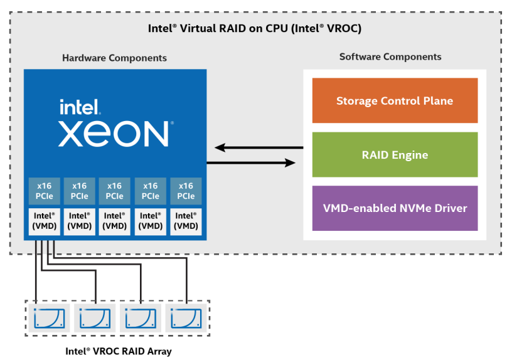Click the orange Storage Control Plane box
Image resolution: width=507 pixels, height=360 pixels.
coord(394,100)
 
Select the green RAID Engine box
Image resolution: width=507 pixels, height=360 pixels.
coord(394,154)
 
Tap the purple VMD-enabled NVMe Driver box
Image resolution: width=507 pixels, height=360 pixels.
coord(394,208)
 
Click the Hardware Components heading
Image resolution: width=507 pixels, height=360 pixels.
coord(114,58)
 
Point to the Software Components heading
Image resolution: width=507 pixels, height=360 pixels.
coord(390,56)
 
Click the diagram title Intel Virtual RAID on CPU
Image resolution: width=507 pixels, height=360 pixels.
coord(254,28)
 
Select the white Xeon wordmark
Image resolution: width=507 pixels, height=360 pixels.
coord(114,133)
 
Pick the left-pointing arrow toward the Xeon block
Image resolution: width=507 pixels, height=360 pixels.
coord(258,148)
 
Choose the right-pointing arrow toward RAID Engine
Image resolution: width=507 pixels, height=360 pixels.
coord(251,162)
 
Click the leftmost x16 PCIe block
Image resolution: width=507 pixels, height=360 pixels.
coord(44,191)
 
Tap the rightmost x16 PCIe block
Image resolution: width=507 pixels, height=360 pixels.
coord(186,191)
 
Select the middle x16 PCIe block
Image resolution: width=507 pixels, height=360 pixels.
coord(115,191)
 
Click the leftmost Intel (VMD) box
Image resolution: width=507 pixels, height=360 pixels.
coord(44,221)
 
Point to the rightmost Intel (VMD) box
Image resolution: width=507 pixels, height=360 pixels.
coord(186,221)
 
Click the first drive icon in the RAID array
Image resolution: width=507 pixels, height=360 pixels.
coord(50,318)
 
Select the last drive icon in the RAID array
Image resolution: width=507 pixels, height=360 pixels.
coord(186,318)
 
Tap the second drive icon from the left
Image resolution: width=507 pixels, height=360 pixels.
coord(95,318)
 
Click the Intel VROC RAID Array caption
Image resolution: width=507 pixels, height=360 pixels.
coord(119,351)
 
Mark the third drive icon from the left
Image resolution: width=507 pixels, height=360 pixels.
coord(141,318)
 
